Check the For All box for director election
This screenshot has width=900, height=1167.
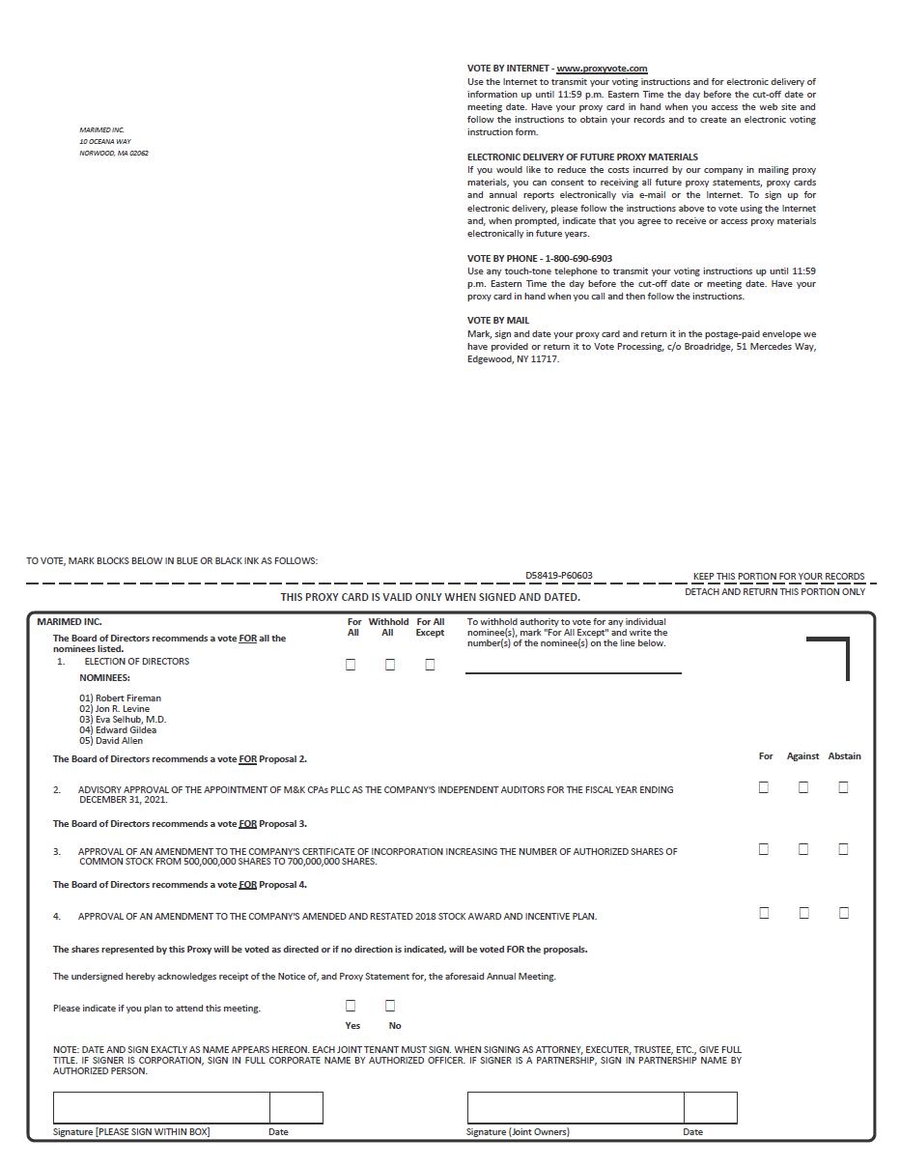coord(351,665)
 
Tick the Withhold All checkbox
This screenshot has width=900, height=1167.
coord(390,665)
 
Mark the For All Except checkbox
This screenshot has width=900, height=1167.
coord(430,665)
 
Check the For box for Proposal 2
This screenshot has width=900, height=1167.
coord(764,787)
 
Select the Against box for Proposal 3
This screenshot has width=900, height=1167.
coord(803,849)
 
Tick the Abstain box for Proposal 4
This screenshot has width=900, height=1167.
coord(843,913)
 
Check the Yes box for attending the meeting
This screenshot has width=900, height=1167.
coord(351,1006)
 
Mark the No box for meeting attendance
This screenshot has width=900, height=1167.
coord(390,1006)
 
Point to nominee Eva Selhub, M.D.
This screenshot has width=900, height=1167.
coord(123,719)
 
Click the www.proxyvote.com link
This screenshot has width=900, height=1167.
coord(602,69)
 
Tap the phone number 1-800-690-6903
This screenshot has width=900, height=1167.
coord(578,259)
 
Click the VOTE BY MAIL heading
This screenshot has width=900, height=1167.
coord(498,321)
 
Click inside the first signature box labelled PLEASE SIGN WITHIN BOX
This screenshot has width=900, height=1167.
coord(161,1108)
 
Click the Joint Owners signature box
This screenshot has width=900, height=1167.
coord(576,1108)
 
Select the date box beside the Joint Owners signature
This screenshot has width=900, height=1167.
coord(710,1108)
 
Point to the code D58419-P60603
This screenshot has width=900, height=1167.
coord(559,576)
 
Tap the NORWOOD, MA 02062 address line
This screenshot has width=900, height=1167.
coord(114,154)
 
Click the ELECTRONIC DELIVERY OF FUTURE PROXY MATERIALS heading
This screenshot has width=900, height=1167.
coord(582,157)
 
